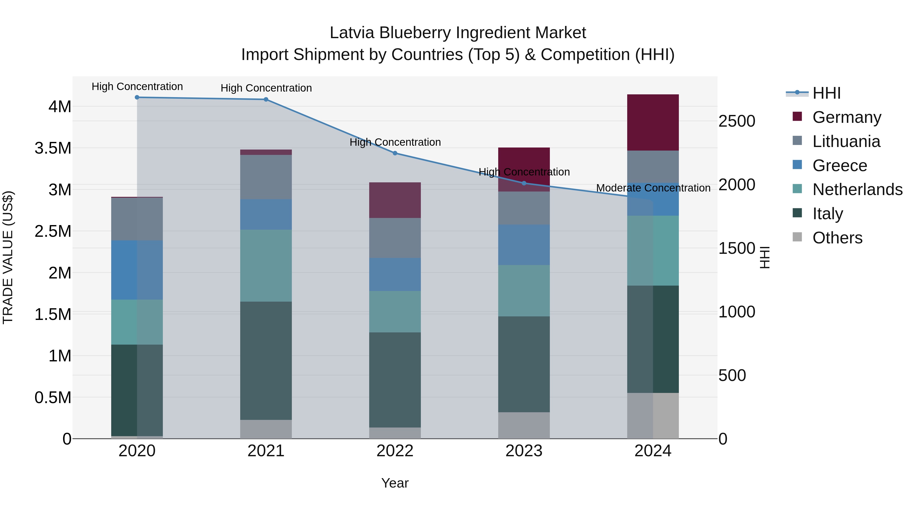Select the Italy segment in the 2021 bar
click(x=266, y=360)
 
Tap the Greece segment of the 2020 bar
click(x=137, y=270)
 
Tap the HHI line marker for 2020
click(x=137, y=97)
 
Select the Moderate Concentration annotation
click(x=653, y=188)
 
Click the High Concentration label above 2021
click(x=266, y=88)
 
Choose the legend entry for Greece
click(x=840, y=166)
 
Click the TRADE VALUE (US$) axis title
click(x=8, y=257)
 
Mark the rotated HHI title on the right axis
click(x=765, y=257)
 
